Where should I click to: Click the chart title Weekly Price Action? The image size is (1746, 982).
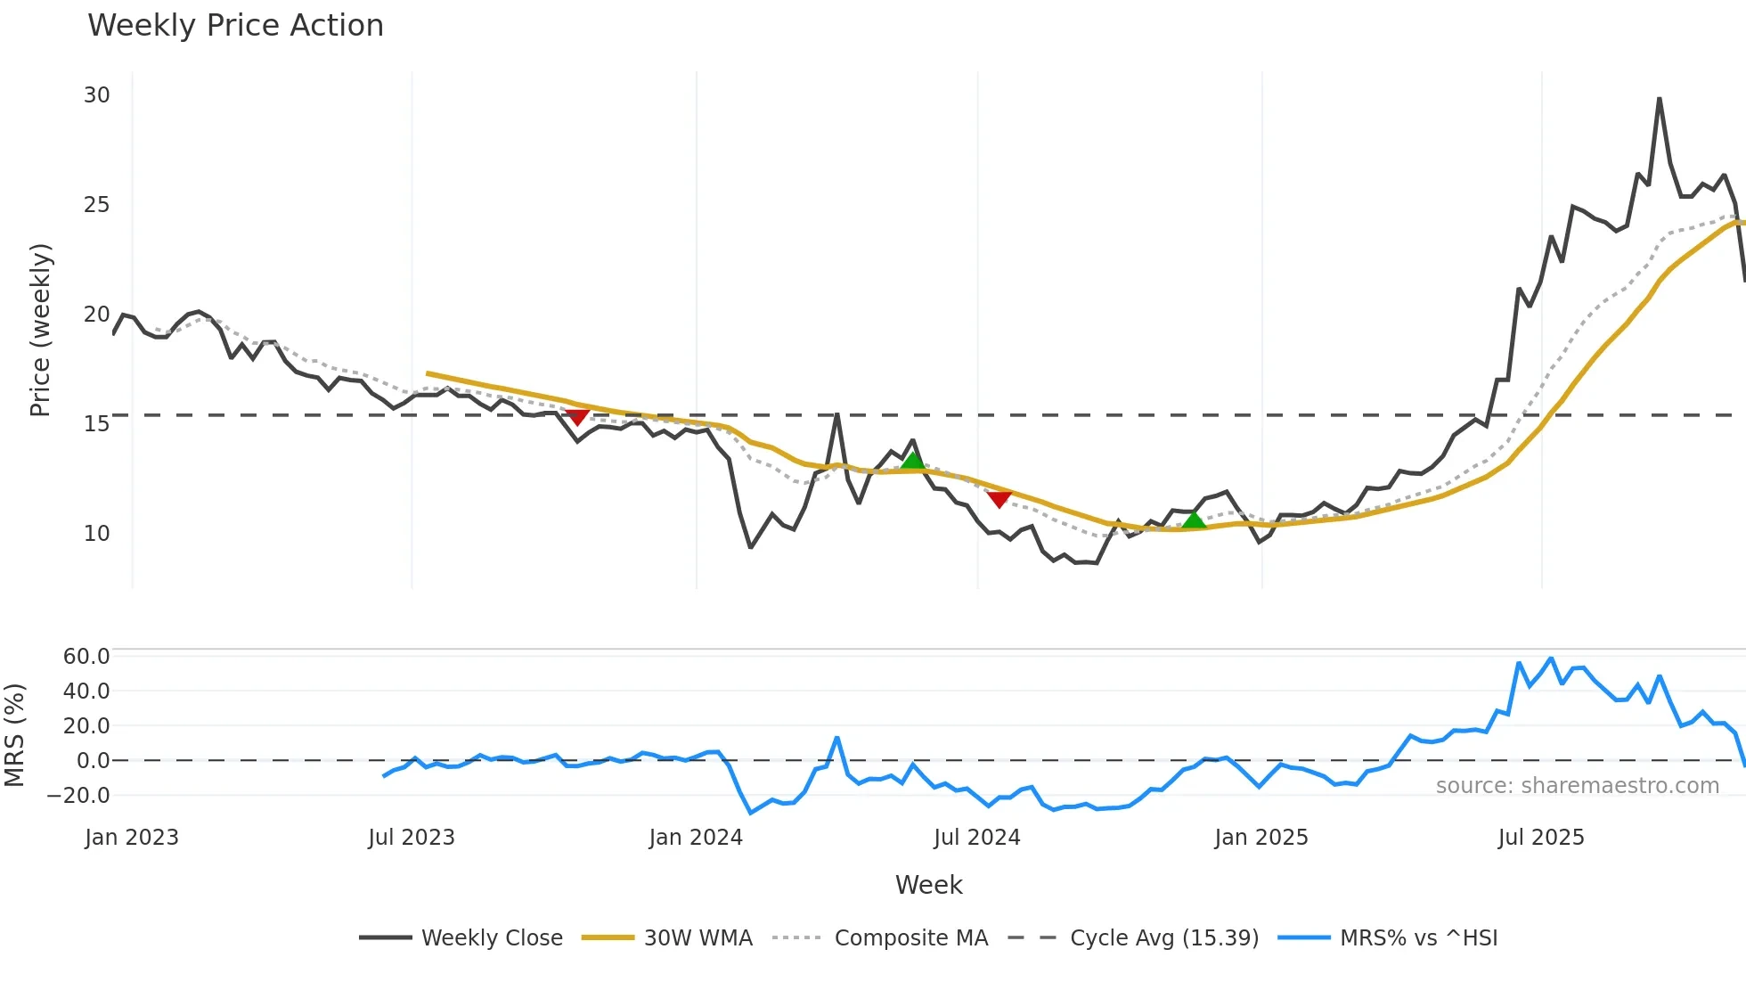235,26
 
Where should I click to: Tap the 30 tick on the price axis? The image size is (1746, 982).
97,95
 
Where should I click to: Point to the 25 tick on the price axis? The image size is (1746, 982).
97,205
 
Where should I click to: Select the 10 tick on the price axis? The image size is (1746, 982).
97,534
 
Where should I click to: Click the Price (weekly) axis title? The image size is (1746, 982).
40,330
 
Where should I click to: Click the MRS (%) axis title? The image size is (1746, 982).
14,735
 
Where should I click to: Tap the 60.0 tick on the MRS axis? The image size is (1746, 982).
86,657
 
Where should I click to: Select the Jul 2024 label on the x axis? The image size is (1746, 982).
976,838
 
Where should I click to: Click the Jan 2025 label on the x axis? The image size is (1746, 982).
1261,838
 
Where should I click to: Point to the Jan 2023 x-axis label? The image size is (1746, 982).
132,838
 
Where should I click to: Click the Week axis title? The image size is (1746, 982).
928,885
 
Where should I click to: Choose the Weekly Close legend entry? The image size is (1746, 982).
492,938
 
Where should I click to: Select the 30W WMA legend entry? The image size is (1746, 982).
698,938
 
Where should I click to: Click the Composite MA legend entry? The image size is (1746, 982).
910,938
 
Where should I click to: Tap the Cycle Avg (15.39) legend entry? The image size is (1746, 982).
1163,938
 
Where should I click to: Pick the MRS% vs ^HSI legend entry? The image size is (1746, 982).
1418,938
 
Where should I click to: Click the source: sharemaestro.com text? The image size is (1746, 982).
1577,786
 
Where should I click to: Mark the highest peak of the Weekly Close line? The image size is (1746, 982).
1659,99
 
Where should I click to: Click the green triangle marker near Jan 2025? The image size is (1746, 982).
1194,520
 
